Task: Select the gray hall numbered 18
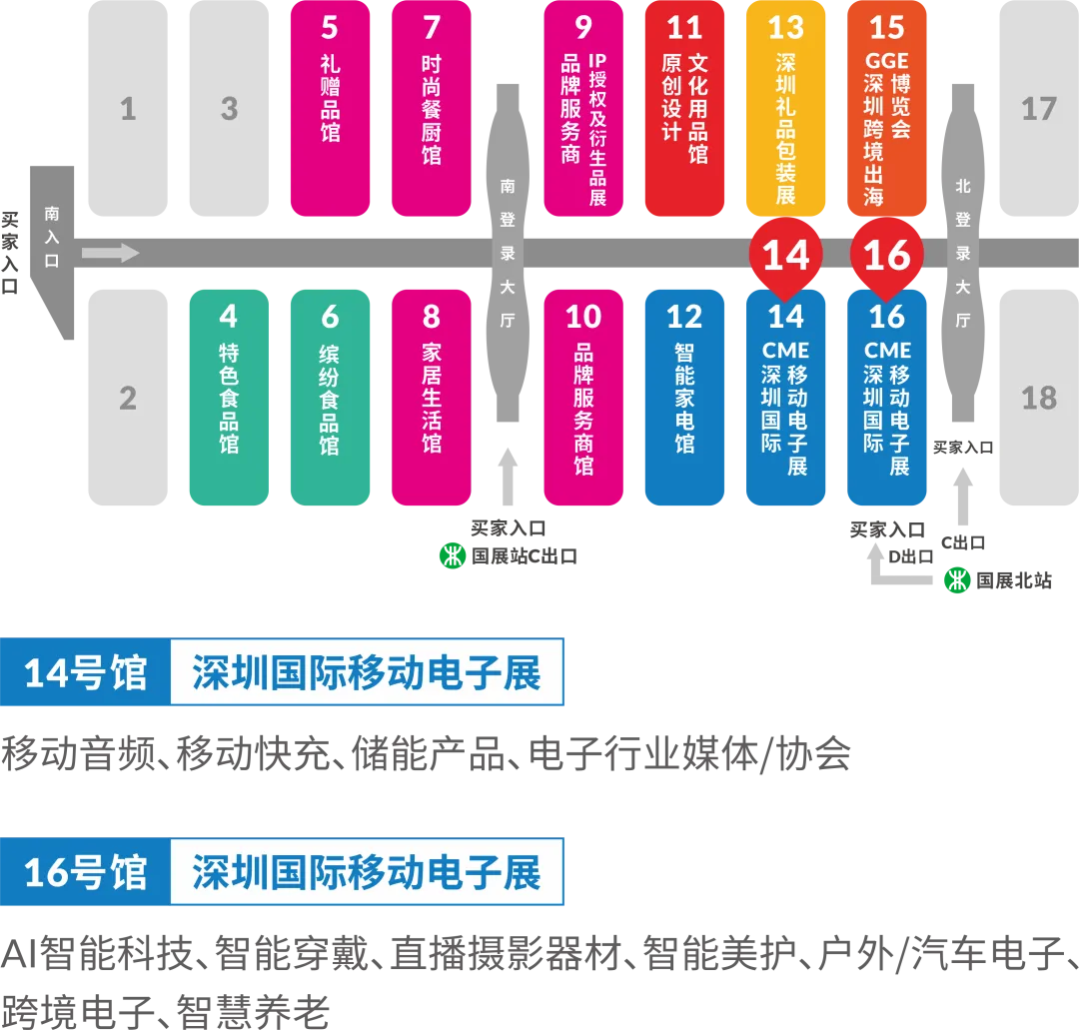pyautogui.click(x=1039, y=398)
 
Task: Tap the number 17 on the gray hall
pyautogui.click(x=1039, y=108)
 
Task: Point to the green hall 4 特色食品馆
pyautogui.click(x=229, y=398)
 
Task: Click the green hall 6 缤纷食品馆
pyautogui.click(x=330, y=398)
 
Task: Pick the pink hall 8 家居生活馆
pyautogui.click(x=431, y=398)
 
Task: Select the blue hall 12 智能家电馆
pyautogui.click(x=684, y=398)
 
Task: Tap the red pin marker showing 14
pyautogui.click(x=786, y=256)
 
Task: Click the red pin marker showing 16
pyautogui.click(x=887, y=256)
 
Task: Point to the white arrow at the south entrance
pyautogui.click(x=110, y=253)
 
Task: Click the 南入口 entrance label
pyautogui.click(x=52, y=237)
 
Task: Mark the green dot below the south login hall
pyautogui.click(x=453, y=556)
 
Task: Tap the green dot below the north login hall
pyautogui.click(x=957, y=579)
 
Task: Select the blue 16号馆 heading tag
pyautogui.click(x=85, y=872)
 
